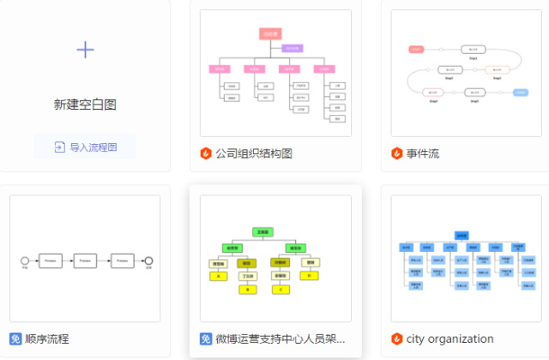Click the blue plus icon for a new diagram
[85, 49]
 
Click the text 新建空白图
[85, 105]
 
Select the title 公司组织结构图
[254, 153]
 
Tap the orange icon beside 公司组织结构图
[206, 153]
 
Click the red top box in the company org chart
[271, 34]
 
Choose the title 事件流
[423, 153]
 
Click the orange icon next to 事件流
[397, 153]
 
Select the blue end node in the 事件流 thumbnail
[520, 92]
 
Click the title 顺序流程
[47, 339]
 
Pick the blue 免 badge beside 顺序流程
[15, 339]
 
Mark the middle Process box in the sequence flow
[85, 259]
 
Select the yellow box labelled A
[219, 276]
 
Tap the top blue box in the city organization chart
[462, 235]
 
